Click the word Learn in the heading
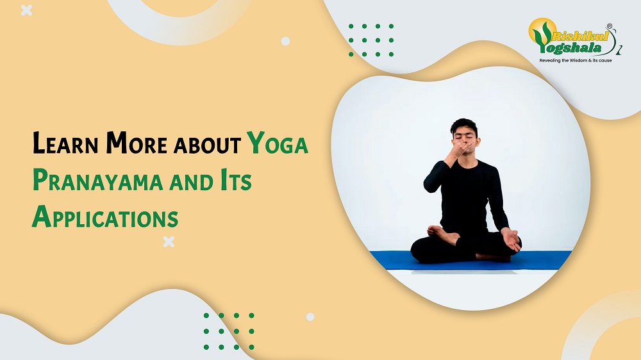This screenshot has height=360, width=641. click(66, 143)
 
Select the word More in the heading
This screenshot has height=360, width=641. click(137, 143)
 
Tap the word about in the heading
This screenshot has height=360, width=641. click(207, 145)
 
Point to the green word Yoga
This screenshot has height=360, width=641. click(278, 143)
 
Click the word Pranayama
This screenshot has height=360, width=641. click(97, 180)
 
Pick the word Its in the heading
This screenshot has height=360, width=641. click(236, 180)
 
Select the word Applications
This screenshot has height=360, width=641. click(105, 217)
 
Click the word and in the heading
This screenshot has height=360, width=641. click(191, 182)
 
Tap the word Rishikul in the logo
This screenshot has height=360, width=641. click(581, 36)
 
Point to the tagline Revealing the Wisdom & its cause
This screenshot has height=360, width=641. click(576, 60)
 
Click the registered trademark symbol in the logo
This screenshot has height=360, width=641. click(610, 26)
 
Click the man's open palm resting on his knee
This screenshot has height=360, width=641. click(511, 240)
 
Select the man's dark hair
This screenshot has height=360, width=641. click(464, 126)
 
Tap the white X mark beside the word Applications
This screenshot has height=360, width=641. click(169, 242)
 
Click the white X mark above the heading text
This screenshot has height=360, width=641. click(26, 10)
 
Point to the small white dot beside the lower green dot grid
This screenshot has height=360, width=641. click(310, 316)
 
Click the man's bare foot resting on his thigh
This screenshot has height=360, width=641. click(442, 234)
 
